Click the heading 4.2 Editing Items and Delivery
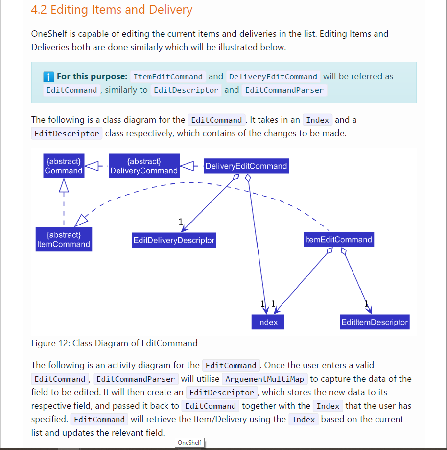click(112, 10)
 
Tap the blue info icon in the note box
click(48, 76)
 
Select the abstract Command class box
click(64, 166)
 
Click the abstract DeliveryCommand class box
click(144, 166)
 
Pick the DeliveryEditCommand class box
click(246, 166)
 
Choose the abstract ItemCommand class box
click(64, 239)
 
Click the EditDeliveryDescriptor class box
click(174, 240)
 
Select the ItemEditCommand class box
click(338, 240)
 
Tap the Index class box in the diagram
click(267, 322)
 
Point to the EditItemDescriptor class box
click(375, 322)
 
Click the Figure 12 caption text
click(115, 343)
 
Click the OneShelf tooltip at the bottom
click(189, 442)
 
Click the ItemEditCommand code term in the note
click(168, 77)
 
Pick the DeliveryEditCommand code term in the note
click(273, 77)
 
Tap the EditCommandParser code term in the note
click(284, 90)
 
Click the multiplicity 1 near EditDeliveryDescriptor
click(181, 222)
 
